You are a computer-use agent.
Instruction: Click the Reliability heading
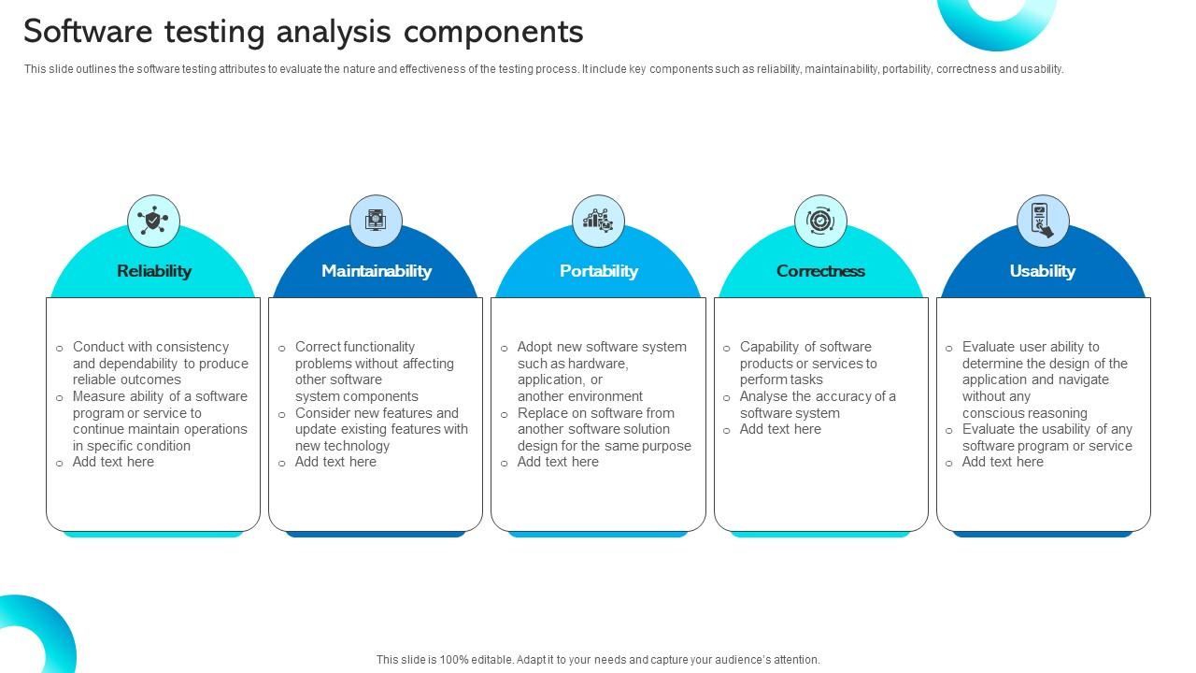coord(154,271)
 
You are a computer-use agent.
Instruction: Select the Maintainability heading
coord(376,271)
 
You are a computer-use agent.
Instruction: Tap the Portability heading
coord(598,271)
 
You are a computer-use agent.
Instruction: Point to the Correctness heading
coord(820,271)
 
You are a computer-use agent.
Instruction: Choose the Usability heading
coord(1043,271)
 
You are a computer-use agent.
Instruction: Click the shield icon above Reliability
coord(153,222)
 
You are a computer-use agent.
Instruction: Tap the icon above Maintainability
coord(376,222)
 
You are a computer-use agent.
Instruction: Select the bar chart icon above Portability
coord(598,222)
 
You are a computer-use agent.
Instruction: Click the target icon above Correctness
coord(820,222)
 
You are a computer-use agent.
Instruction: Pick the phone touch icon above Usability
coord(1043,222)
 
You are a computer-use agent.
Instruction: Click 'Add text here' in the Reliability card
coord(113,462)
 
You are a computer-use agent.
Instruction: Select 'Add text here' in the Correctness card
coord(780,429)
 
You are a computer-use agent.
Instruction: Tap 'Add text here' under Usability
coord(1003,462)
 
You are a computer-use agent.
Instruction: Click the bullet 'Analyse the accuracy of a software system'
coord(817,405)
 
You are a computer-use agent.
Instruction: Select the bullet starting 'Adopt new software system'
coord(602,371)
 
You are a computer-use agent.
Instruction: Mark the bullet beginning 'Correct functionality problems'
coord(374,371)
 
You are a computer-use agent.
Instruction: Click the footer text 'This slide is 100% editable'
coord(598,659)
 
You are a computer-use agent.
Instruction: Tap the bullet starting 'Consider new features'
coord(381,429)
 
